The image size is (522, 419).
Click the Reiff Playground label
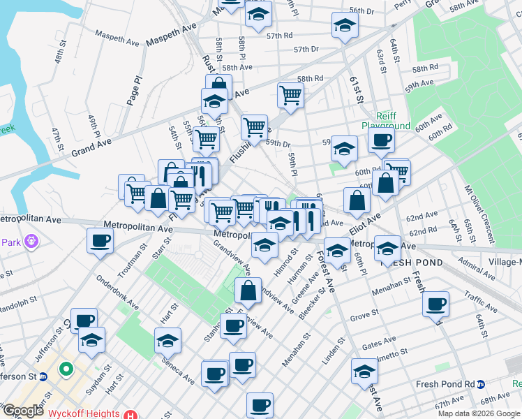pos(385,120)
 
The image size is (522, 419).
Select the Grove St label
pos(364,317)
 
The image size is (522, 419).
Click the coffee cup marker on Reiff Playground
pos(381,139)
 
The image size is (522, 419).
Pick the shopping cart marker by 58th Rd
pos(290,95)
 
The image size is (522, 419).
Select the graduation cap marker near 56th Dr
pos(344,25)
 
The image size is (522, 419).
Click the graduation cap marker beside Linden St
pos(364,371)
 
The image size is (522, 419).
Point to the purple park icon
pos(30,242)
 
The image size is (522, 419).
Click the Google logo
pos(22,411)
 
